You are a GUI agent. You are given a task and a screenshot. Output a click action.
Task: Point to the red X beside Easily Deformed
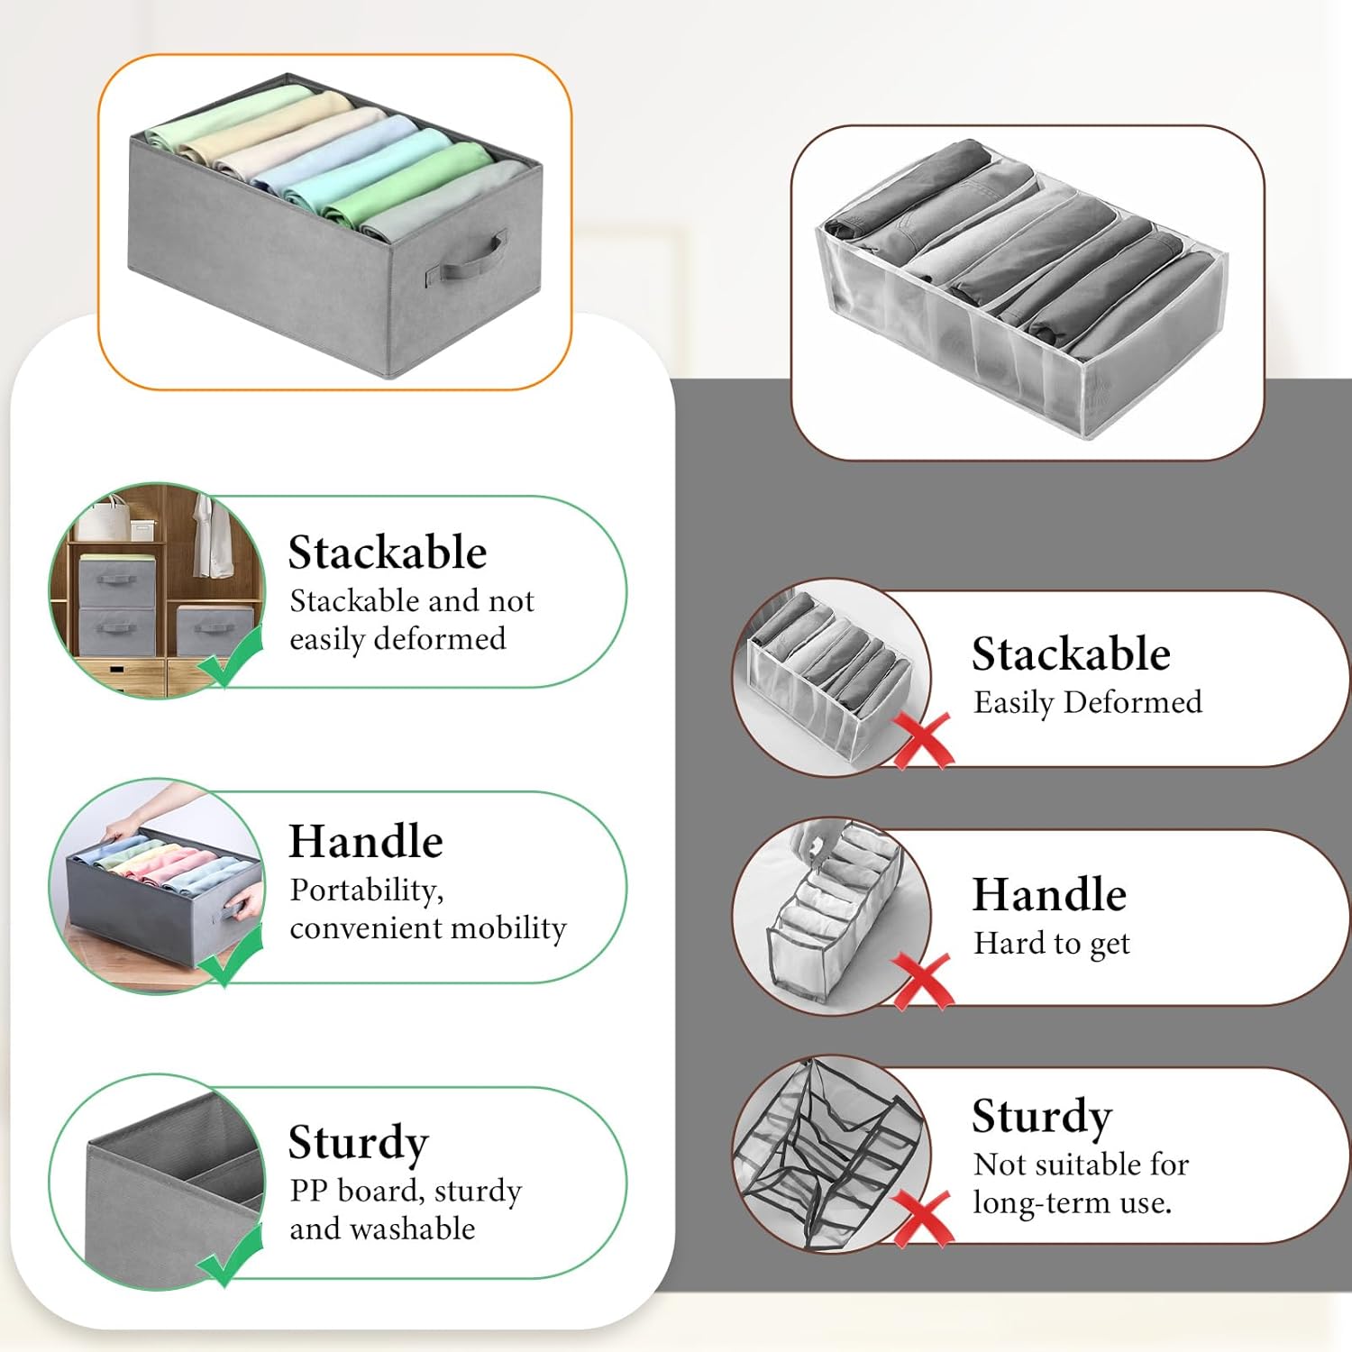(922, 740)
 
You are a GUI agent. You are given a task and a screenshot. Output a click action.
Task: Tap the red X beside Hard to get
(922, 981)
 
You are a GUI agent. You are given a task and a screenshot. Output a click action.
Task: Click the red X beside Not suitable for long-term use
(922, 1218)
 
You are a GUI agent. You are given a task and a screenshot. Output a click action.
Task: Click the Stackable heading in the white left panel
(388, 553)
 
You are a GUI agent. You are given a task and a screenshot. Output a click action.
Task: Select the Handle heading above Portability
(366, 842)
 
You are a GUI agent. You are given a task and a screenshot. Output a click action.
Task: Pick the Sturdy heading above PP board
(358, 1143)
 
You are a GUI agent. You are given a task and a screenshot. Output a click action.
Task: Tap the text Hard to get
(1051, 944)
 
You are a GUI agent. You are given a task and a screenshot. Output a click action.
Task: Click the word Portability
(366, 891)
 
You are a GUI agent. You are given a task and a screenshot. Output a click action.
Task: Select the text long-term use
(1072, 1203)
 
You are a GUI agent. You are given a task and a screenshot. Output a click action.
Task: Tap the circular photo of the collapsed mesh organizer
(829, 1154)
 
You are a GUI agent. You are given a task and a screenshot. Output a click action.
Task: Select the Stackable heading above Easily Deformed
(1071, 654)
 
